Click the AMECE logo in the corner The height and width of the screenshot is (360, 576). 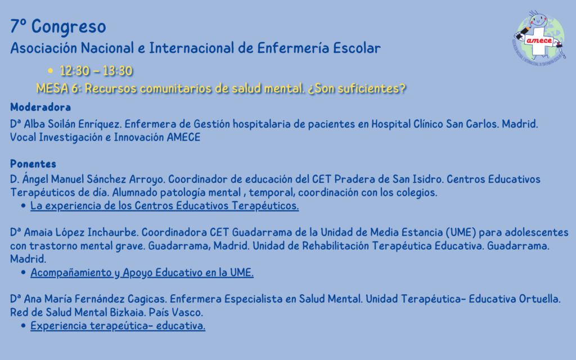coord(539,38)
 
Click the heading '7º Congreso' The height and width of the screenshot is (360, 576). coord(58,26)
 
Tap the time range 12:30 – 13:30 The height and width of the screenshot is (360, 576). coord(96,71)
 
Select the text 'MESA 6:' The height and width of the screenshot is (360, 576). coord(58,88)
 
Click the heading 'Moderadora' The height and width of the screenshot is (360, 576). coord(40,107)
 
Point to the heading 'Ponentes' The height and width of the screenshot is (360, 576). coord(33,164)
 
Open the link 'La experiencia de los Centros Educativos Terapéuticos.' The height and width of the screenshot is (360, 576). coord(165,206)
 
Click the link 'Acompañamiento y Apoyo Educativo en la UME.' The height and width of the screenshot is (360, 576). coord(142,273)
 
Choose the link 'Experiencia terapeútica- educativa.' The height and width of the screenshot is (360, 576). coord(118,326)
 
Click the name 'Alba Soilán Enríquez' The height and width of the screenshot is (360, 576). coord(72,124)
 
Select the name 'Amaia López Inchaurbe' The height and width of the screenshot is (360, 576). coord(81,232)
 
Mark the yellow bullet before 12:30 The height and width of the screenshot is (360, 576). coord(50,70)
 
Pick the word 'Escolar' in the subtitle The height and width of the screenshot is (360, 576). coord(357,48)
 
